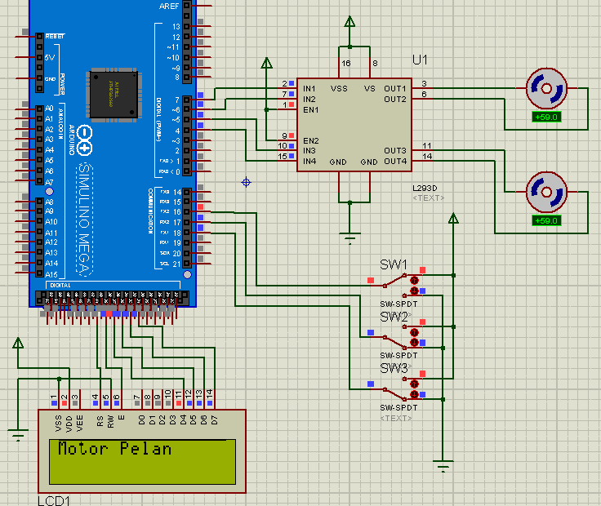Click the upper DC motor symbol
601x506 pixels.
[x=545, y=88]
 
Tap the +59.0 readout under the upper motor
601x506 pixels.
[x=545, y=117]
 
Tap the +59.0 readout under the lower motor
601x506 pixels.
[x=545, y=220]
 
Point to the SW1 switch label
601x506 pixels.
[x=394, y=264]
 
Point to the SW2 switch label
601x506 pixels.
[x=394, y=316]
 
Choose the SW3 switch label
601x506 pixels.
[x=394, y=368]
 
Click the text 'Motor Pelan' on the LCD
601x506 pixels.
[x=114, y=449]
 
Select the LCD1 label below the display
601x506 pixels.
[x=54, y=499]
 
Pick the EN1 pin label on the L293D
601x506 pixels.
[x=310, y=109]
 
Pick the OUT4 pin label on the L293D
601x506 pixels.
[x=395, y=162]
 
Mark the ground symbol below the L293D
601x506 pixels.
[x=350, y=238]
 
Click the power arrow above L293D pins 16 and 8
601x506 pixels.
[x=349, y=22]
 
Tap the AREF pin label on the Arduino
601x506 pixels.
[x=169, y=6]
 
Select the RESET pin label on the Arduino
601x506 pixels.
[x=56, y=37]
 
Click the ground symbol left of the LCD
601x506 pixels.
[x=18, y=434]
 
